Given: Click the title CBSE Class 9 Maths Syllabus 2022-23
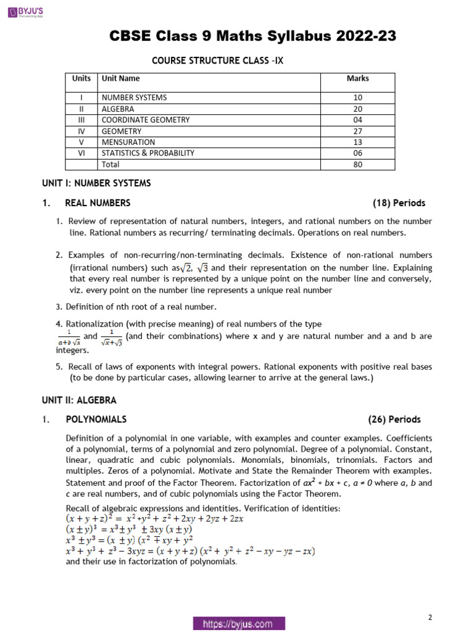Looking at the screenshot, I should coord(252,36).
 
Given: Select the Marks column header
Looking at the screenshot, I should coord(358,78).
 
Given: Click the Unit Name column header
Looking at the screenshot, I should coord(120,78).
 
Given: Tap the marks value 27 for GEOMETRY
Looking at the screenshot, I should coord(358,131).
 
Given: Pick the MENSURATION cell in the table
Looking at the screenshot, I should coord(128,142).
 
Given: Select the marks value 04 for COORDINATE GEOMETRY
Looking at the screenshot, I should coord(358,120).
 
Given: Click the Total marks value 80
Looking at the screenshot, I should coord(358,165).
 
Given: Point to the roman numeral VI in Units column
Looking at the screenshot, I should coord(81,153).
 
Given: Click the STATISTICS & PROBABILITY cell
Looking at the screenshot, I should coord(148,153).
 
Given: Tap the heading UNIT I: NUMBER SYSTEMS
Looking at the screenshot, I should coord(96,183).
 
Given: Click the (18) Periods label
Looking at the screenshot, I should coord(399,203).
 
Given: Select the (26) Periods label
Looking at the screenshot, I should coord(394,420).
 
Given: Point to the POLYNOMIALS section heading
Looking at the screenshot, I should coord(96,420).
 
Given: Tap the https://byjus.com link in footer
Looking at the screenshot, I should coord(238,624).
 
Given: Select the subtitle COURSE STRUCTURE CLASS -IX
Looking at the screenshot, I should coord(218,60).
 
